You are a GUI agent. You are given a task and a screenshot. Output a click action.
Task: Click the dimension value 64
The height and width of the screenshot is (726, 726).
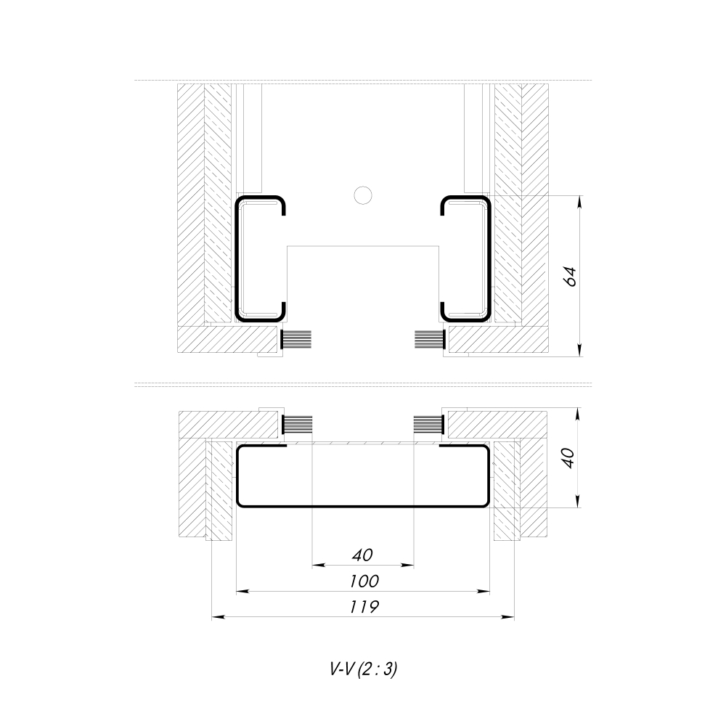coord(571,277)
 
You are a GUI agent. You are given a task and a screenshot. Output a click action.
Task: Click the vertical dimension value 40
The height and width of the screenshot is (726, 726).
coord(568,458)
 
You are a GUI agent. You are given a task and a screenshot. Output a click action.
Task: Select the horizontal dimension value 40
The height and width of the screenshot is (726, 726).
coord(362,555)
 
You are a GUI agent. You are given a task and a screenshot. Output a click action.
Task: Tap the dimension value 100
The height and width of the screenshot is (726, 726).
coord(362,582)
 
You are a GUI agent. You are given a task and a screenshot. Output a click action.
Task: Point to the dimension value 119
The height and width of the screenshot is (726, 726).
coord(362,607)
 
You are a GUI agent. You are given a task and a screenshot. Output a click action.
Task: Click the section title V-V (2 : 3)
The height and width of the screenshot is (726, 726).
coord(363,670)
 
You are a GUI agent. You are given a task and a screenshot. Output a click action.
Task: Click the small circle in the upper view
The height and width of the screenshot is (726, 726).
coord(362,194)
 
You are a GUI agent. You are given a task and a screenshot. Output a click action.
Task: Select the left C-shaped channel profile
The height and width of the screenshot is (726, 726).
coord(238,258)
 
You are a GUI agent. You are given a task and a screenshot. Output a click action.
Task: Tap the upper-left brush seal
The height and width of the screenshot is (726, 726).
coord(296,339)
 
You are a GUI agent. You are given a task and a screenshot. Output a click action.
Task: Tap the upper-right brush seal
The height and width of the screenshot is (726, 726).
coord(428,339)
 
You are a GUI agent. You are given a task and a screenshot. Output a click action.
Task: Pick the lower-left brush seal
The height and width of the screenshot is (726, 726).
coord(296,425)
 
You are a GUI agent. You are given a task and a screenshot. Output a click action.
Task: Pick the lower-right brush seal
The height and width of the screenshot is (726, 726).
coord(428,425)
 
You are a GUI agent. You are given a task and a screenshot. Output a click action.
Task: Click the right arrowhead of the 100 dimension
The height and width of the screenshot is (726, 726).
coord(484,592)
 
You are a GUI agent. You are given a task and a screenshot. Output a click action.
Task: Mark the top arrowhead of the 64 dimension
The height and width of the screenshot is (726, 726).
coord(580,200)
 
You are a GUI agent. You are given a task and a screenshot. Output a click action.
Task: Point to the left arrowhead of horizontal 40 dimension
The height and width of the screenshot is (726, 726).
coord(317,565)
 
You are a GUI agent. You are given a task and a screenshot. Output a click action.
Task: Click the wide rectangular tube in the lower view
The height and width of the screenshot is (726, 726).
coord(362,476)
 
